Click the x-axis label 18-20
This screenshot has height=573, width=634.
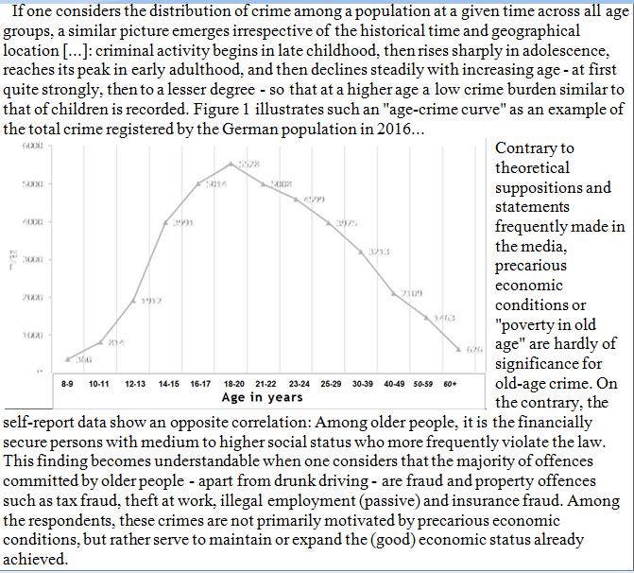[x=233, y=387]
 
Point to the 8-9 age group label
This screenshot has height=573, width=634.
[x=68, y=387]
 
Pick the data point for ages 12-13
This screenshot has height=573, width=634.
[x=133, y=300]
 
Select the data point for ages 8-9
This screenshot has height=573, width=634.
[x=67, y=359]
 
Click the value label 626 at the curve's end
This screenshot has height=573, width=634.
[x=474, y=350]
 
